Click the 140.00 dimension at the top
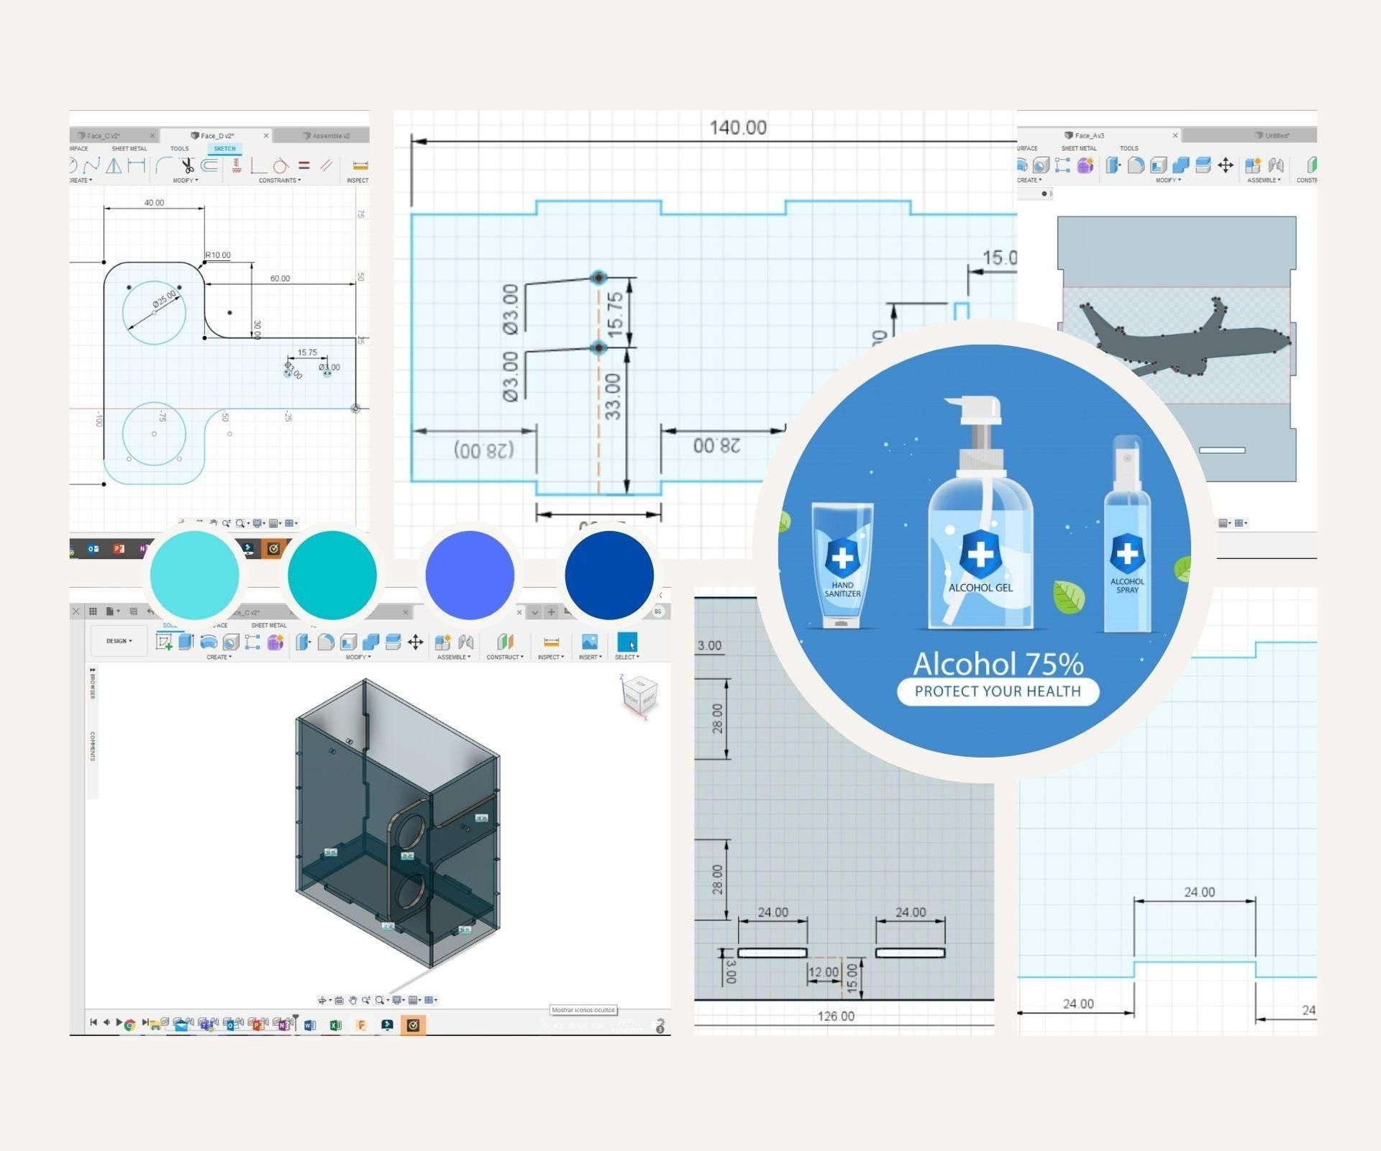737,128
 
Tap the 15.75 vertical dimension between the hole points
615,314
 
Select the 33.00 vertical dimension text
612,396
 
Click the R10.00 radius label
218,255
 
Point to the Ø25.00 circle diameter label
164,299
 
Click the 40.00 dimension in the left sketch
154,203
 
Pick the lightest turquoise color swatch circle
194,575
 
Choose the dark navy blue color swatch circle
609,575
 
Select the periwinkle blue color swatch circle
470,575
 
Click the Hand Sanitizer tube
842,565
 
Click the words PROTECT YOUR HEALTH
998,691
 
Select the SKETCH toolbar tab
224,149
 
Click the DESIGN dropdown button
119,641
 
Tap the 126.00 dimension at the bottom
836,1016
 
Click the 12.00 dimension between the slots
824,973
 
